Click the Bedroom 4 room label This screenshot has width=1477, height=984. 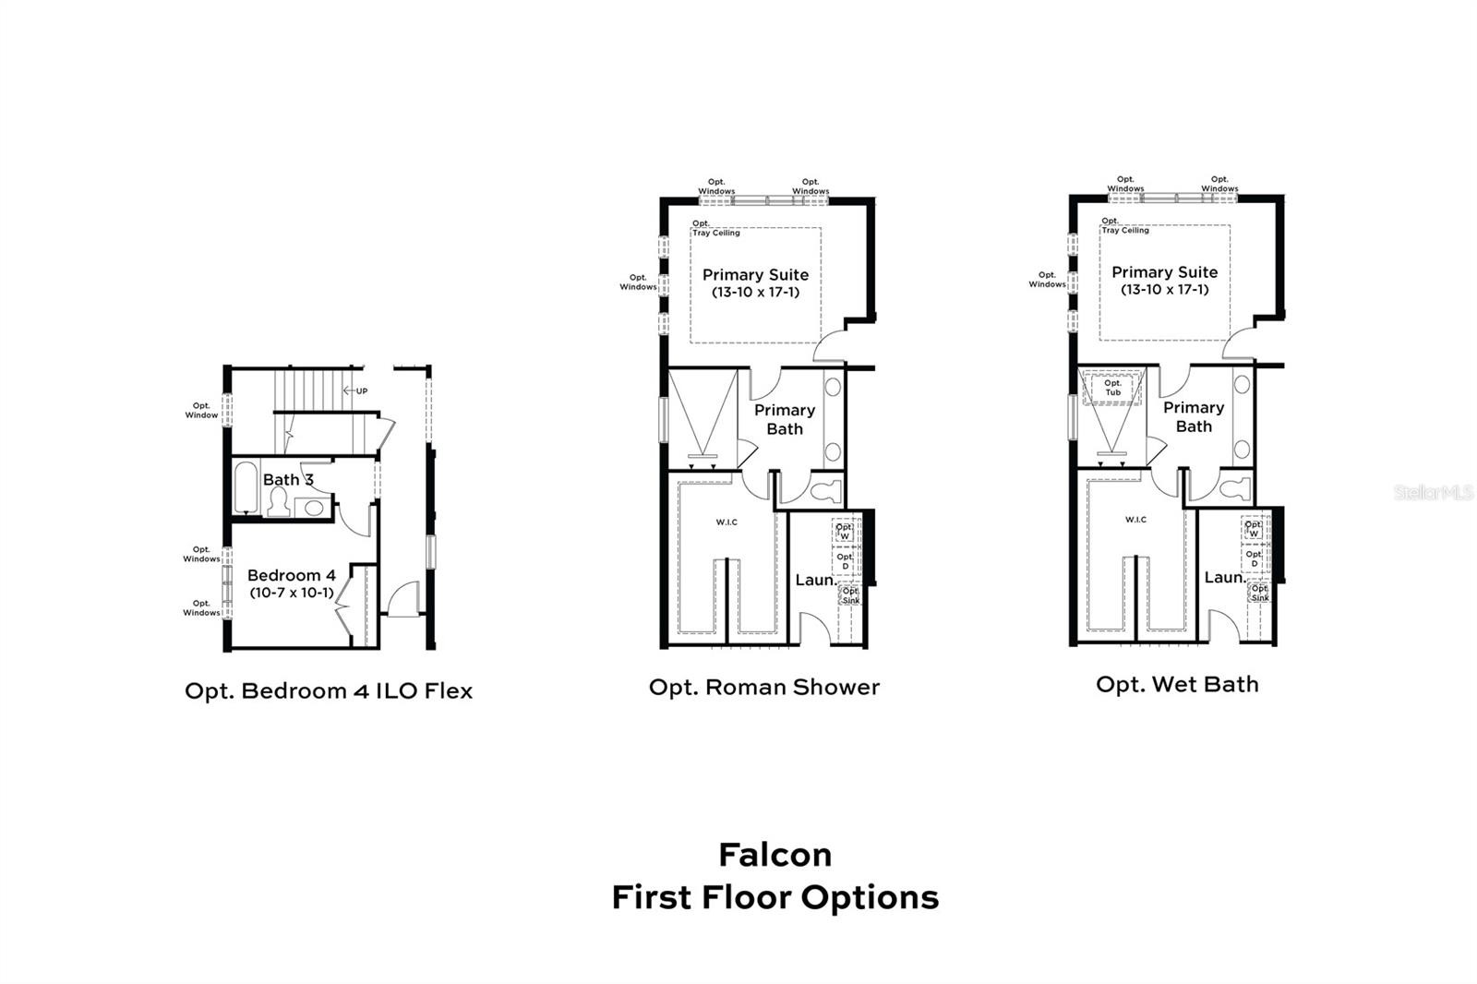[292, 575]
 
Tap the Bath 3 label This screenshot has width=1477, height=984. [288, 479]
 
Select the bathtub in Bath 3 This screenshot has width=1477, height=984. [246, 487]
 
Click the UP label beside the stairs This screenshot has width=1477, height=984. [361, 391]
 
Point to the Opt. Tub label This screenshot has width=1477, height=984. [1113, 388]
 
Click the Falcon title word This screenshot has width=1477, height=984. [775, 855]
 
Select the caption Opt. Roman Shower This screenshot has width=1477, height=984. [764, 687]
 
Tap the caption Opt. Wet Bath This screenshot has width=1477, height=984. [1177, 685]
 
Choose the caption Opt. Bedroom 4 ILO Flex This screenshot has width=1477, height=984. [329, 691]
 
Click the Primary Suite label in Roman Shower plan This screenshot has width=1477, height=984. [756, 275]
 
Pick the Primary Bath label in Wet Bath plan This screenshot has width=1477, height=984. [1194, 417]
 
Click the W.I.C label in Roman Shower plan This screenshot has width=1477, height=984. [726, 522]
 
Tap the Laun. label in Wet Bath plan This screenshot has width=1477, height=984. [1225, 578]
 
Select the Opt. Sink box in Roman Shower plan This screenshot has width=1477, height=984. [850, 595]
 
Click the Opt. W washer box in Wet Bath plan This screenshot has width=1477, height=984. [1255, 529]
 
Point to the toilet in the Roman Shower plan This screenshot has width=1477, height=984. [825, 491]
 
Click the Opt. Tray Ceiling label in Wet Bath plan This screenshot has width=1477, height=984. [1125, 225]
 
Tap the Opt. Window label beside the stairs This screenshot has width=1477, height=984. [201, 410]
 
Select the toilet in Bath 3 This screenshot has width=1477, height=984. [279, 501]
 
